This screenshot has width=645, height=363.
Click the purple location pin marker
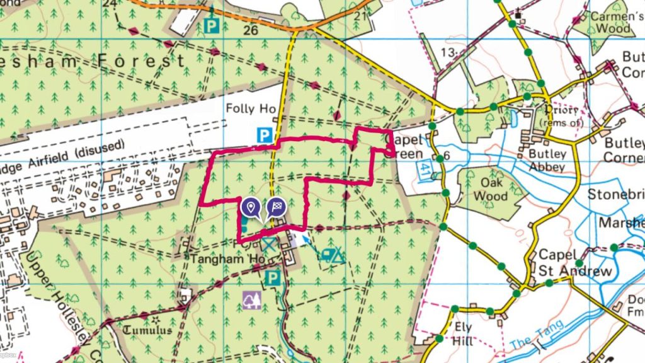tap(251, 207)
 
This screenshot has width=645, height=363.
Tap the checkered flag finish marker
tap(276, 207)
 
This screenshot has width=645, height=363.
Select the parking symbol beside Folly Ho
tap(265, 134)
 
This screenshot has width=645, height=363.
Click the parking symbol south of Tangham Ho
tap(273, 278)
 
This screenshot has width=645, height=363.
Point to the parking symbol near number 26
tap(212, 26)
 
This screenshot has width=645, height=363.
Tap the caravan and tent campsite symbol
tap(333, 255)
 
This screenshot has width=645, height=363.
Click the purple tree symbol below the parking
tap(251, 301)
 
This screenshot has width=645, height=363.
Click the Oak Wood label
tap(490, 190)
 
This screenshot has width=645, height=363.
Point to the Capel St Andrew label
tap(574, 263)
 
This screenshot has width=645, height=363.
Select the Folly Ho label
tap(251, 109)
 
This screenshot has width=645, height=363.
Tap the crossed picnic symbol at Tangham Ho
tap(270, 245)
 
